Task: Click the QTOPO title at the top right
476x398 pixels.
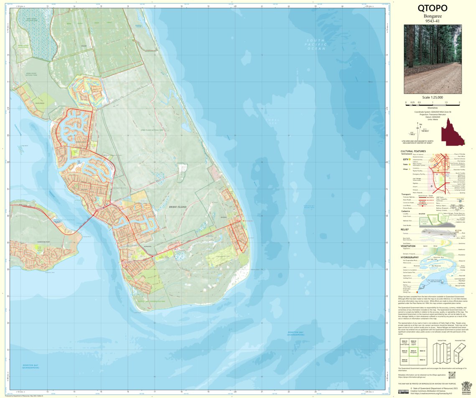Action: pos(433,8)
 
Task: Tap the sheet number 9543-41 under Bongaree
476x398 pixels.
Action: pos(433,20)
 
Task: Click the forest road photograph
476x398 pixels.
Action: pos(433,59)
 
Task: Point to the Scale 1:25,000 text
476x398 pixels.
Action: pos(433,97)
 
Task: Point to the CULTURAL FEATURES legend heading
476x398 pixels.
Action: pos(413,151)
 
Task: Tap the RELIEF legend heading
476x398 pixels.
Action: pos(405,229)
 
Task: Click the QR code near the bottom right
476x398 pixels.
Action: pos(451,375)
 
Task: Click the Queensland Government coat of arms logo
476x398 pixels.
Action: pos(466,387)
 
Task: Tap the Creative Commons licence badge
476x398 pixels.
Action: pos(403,392)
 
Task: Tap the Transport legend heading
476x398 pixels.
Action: pos(406,194)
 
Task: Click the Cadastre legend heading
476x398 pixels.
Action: pos(405,211)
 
